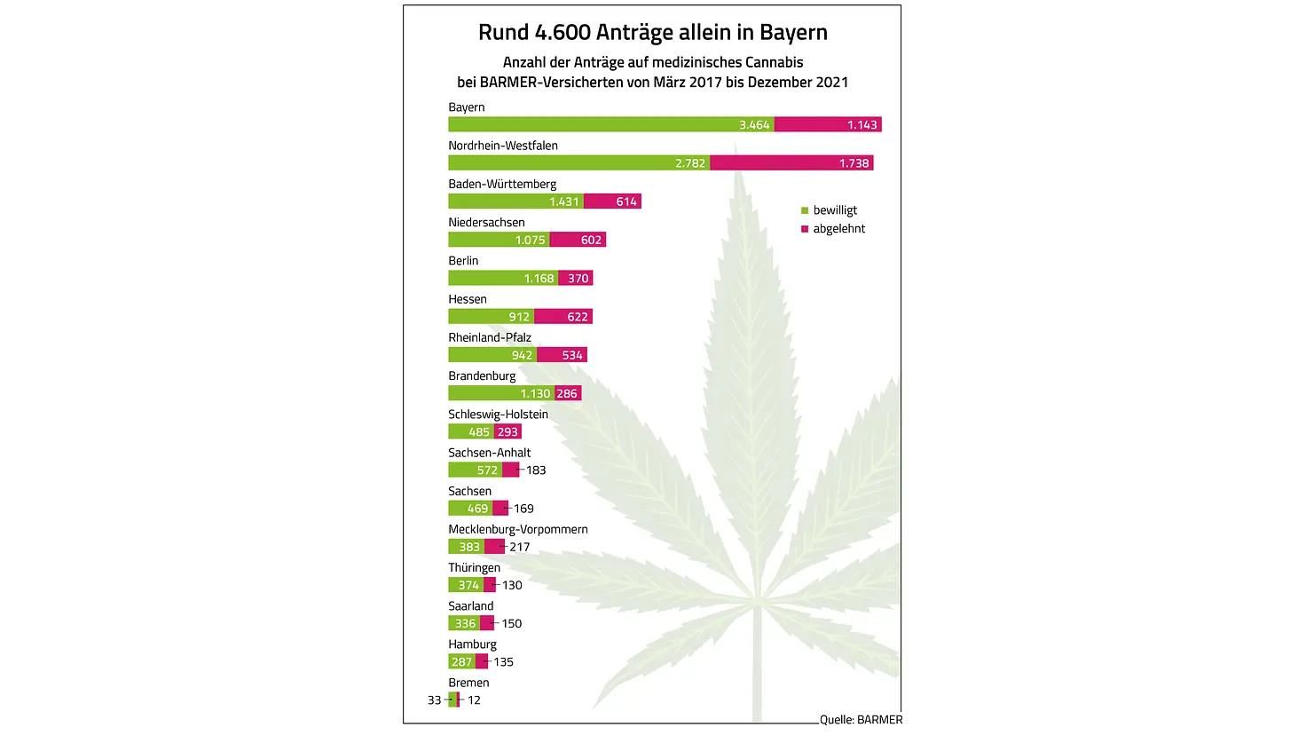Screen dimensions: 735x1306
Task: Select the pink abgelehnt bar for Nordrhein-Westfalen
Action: coord(791,163)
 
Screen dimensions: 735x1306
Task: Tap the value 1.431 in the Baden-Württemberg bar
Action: coord(564,202)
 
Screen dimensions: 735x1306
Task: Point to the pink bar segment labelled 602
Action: coord(578,240)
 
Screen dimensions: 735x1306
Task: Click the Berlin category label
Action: coord(463,261)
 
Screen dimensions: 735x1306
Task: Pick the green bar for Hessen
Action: coord(491,317)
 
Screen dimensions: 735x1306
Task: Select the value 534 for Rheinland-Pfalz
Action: coord(572,355)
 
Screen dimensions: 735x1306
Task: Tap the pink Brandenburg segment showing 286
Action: coord(567,393)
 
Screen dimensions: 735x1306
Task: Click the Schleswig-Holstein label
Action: coord(498,415)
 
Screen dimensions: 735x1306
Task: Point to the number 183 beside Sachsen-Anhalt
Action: coord(536,470)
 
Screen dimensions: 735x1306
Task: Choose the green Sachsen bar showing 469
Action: coord(470,509)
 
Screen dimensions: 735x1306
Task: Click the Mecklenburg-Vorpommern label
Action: coord(517,529)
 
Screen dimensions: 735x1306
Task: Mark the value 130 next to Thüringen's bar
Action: coord(512,585)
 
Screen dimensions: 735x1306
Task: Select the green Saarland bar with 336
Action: coord(464,623)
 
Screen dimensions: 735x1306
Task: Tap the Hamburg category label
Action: coord(472,644)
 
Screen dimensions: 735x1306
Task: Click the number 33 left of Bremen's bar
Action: coord(434,700)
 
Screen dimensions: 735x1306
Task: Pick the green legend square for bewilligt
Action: coord(805,210)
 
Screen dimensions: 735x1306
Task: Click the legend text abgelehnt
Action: coord(838,229)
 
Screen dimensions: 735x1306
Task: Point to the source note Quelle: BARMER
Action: coord(861,720)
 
